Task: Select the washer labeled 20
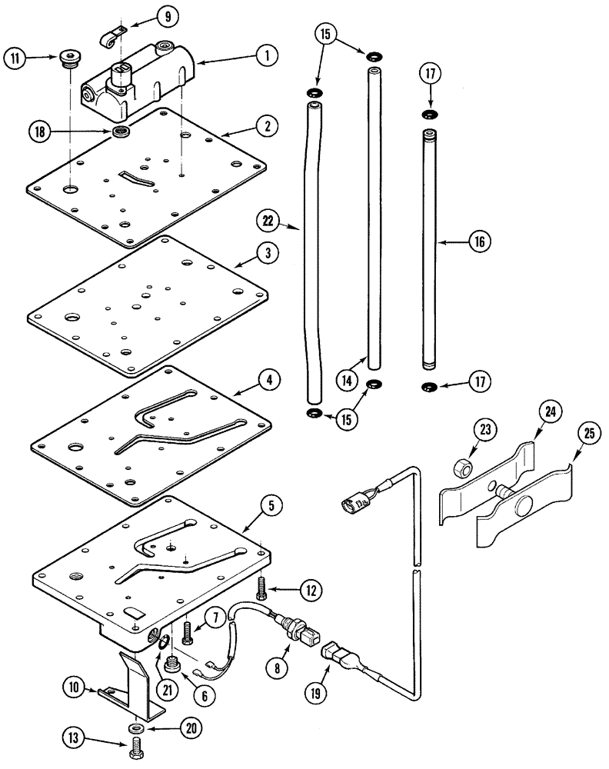(135, 727)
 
